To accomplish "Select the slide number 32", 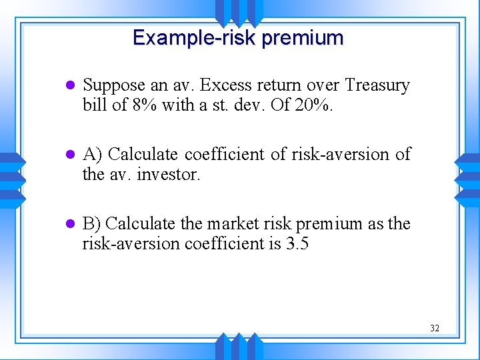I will coord(435,328).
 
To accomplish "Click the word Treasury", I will coord(377,85).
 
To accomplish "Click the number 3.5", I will coord(297,243).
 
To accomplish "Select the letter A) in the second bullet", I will coord(93,155).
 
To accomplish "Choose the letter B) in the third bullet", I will coord(92,223).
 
